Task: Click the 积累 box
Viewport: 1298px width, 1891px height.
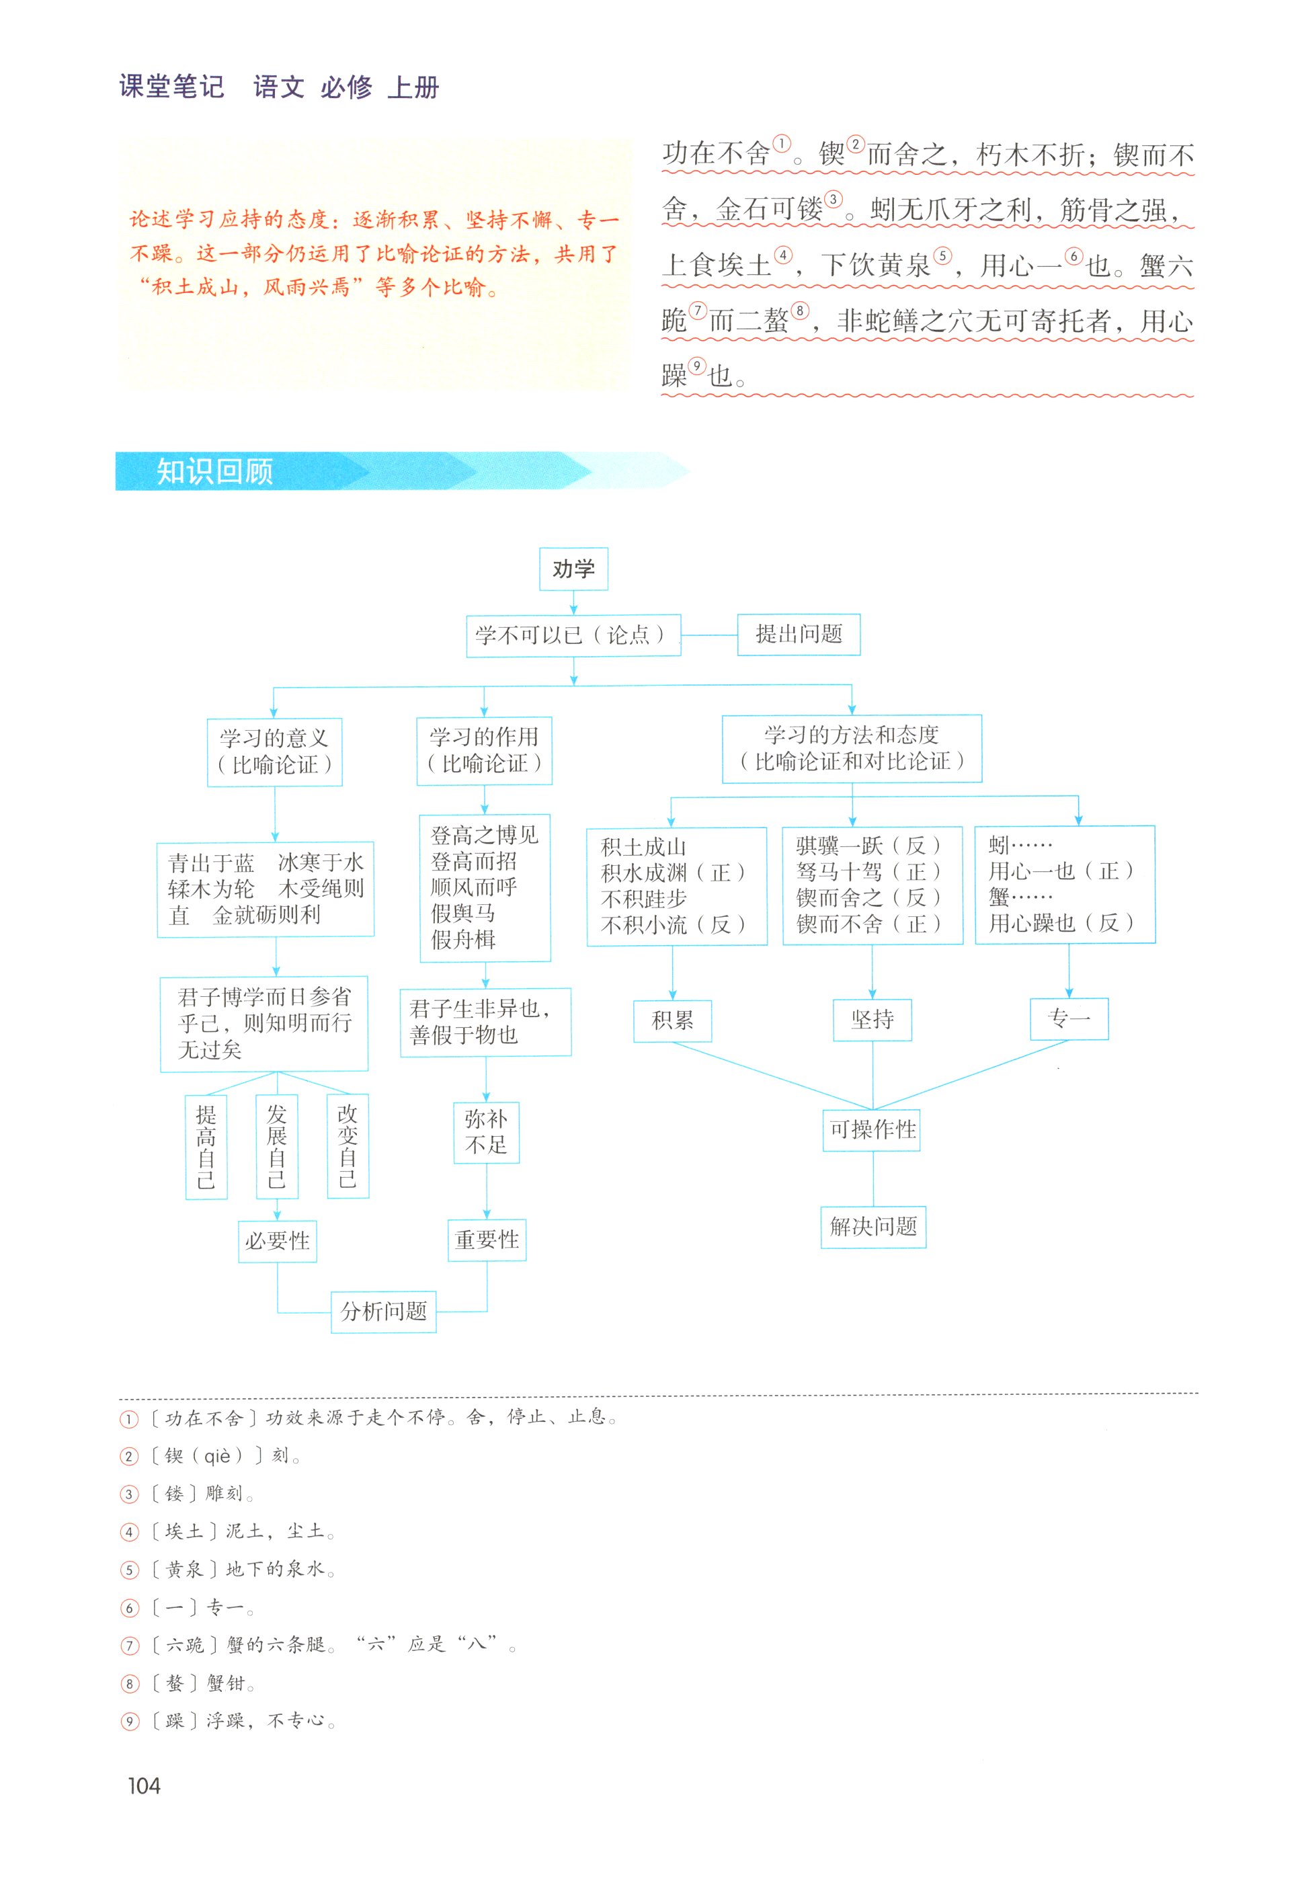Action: pyautogui.click(x=672, y=1020)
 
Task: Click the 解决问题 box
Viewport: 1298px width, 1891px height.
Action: pyautogui.click(x=873, y=1226)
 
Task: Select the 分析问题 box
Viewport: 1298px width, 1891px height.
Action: pyautogui.click(x=383, y=1311)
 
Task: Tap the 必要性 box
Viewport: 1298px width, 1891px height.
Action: pyautogui.click(x=277, y=1241)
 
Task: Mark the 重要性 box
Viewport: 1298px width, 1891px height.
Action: pyautogui.click(x=487, y=1240)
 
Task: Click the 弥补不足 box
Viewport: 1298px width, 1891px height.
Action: pyautogui.click(x=486, y=1133)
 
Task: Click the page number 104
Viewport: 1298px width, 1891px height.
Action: pyautogui.click(x=144, y=1785)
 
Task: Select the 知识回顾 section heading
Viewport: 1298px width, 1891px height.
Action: pyautogui.click(x=215, y=471)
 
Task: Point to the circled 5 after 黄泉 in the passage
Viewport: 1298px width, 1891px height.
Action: pyautogui.click(x=942, y=255)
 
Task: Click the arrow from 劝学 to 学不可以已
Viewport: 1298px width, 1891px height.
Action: pyautogui.click(x=574, y=603)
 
